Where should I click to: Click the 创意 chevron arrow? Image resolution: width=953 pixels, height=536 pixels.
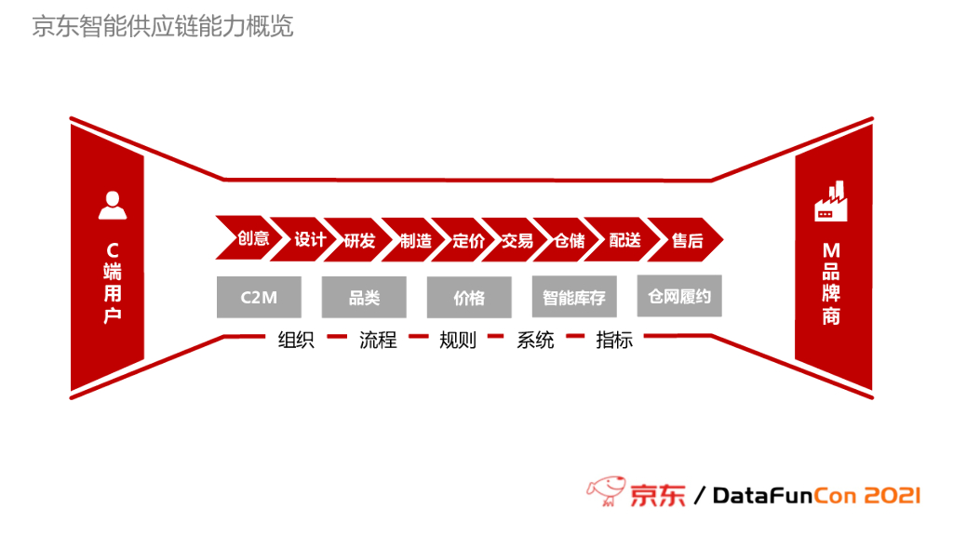click(252, 239)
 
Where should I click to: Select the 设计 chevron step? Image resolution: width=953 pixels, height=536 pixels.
click(310, 240)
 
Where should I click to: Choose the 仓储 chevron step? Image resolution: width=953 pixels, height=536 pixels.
click(569, 241)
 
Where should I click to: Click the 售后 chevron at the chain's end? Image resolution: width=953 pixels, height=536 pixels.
click(687, 241)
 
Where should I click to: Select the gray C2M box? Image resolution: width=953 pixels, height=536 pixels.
click(259, 297)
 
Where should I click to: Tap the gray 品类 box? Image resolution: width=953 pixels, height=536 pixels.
click(364, 298)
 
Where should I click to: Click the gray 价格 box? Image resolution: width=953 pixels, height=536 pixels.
click(469, 298)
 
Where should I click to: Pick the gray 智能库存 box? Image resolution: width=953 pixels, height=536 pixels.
click(574, 298)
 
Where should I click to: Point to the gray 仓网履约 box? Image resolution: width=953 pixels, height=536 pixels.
click(679, 296)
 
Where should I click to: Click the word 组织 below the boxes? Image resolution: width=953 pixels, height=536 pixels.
click(296, 340)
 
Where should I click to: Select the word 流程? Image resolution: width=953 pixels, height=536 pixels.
click(378, 340)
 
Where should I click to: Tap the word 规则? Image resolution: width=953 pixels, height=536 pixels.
click(457, 340)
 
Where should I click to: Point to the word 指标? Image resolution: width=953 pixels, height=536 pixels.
click(614, 340)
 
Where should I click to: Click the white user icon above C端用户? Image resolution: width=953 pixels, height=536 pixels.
click(112, 206)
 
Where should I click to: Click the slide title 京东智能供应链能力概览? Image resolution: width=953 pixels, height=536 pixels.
click(163, 26)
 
